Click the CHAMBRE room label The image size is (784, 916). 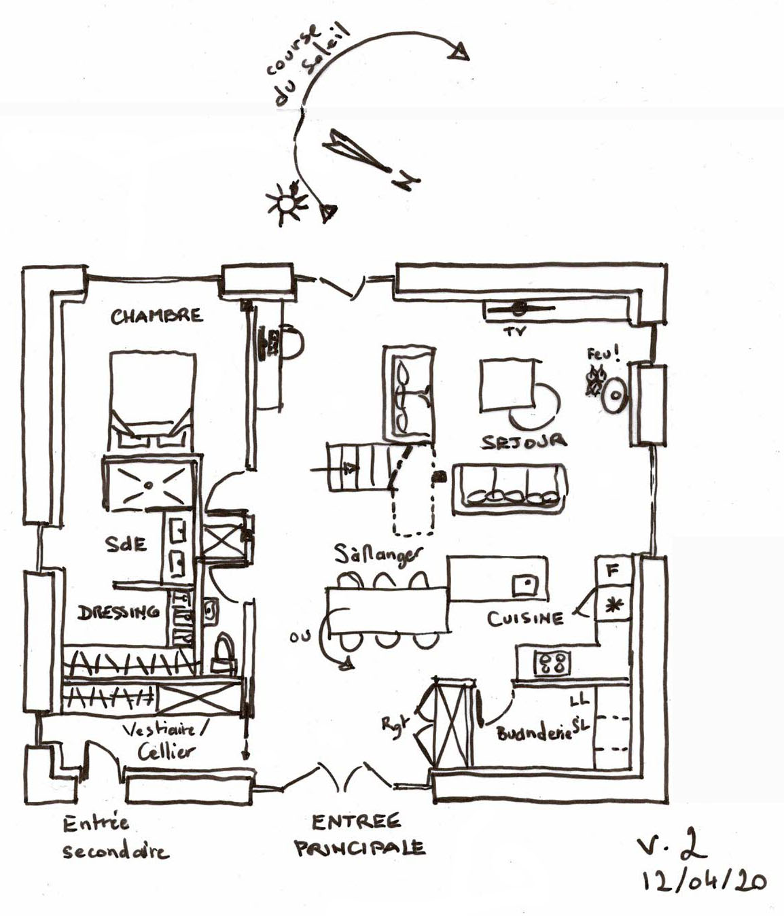coord(156,316)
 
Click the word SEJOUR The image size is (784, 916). coord(524,442)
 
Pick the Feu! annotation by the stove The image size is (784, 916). coord(603,354)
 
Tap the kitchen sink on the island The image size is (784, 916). coord(524,583)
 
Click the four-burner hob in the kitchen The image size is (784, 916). coord(551,663)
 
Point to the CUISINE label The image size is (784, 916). coord(525,618)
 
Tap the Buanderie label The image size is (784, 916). coord(534,733)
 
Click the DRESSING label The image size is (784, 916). coord(118,612)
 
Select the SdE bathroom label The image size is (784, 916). coord(126,544)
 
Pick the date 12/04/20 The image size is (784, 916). coord(704,881)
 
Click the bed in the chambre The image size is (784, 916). coord(152,401)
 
